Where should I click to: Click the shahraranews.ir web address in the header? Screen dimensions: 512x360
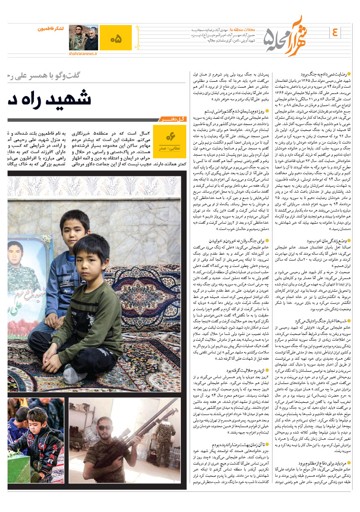pyautogui.click(x=83, y=53)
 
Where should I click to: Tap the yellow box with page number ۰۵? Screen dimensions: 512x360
pyautogui.click(x=116, y=38)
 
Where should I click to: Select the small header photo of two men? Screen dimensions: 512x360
pyautogui.click(x=83, y=38)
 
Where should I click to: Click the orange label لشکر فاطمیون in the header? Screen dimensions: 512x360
pyautogui.click(x=51, y=29)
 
